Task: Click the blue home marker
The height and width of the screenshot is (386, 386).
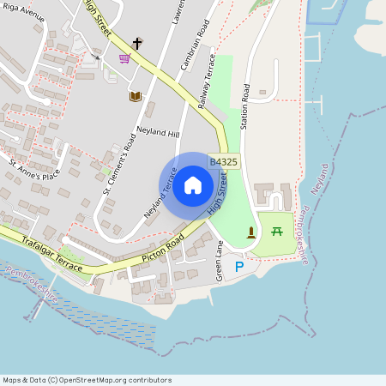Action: point(193,185)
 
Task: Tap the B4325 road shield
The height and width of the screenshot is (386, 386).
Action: point(224,161)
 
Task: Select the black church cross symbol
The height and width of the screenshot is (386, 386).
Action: point(136,43)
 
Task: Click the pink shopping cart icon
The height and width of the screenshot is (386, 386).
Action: point(124,58)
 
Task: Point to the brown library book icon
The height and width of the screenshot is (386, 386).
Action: point(135,97)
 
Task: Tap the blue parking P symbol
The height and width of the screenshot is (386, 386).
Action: point(239,267)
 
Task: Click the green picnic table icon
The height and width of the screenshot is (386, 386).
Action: point(277,231)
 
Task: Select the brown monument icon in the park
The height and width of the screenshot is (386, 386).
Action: point(250,232)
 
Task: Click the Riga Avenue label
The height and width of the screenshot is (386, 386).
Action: point(24,15)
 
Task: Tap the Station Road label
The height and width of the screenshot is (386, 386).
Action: point(246,106)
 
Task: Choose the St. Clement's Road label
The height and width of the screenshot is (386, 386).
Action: point(119,163)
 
